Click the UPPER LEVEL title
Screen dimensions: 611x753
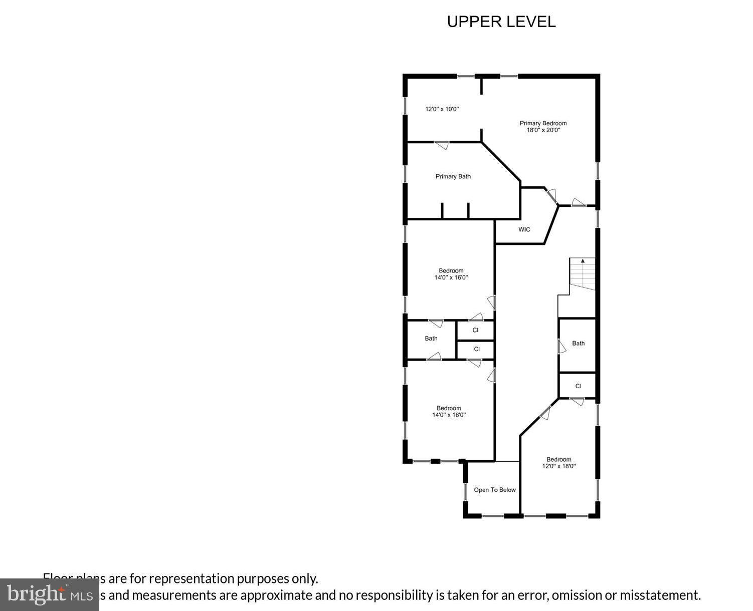click(x=501, y=22)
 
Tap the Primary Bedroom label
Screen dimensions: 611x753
click(x=543, y=123)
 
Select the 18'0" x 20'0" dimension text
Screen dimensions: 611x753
click(x=543, y=130)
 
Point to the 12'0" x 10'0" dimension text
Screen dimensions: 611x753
click(x=442, y=109)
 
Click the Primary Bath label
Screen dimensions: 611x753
click(x=453, y=176)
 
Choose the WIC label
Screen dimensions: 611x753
click(x=524, y=230)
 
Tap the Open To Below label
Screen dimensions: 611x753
click(x=494, y=490)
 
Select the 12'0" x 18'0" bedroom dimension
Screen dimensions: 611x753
click(x=558, y=466)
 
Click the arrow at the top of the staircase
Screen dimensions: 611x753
click(x=583, y=261)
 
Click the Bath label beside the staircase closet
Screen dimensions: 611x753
click(x=578, y=344)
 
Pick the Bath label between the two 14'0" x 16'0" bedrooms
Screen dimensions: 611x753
click(x=431, y=339)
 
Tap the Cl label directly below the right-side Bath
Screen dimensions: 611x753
click(x=578, y=386)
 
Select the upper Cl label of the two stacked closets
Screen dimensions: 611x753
click(x=475, y=331)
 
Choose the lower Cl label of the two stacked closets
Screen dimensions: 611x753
click(x=476, y=349)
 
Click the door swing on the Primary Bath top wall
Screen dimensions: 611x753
click(x=442, y=145)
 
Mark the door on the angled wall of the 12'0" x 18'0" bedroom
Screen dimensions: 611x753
click(x=545, y=413)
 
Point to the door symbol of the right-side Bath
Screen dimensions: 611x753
click(x=562, y=346)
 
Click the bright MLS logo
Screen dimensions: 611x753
click(x=49, y=594)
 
